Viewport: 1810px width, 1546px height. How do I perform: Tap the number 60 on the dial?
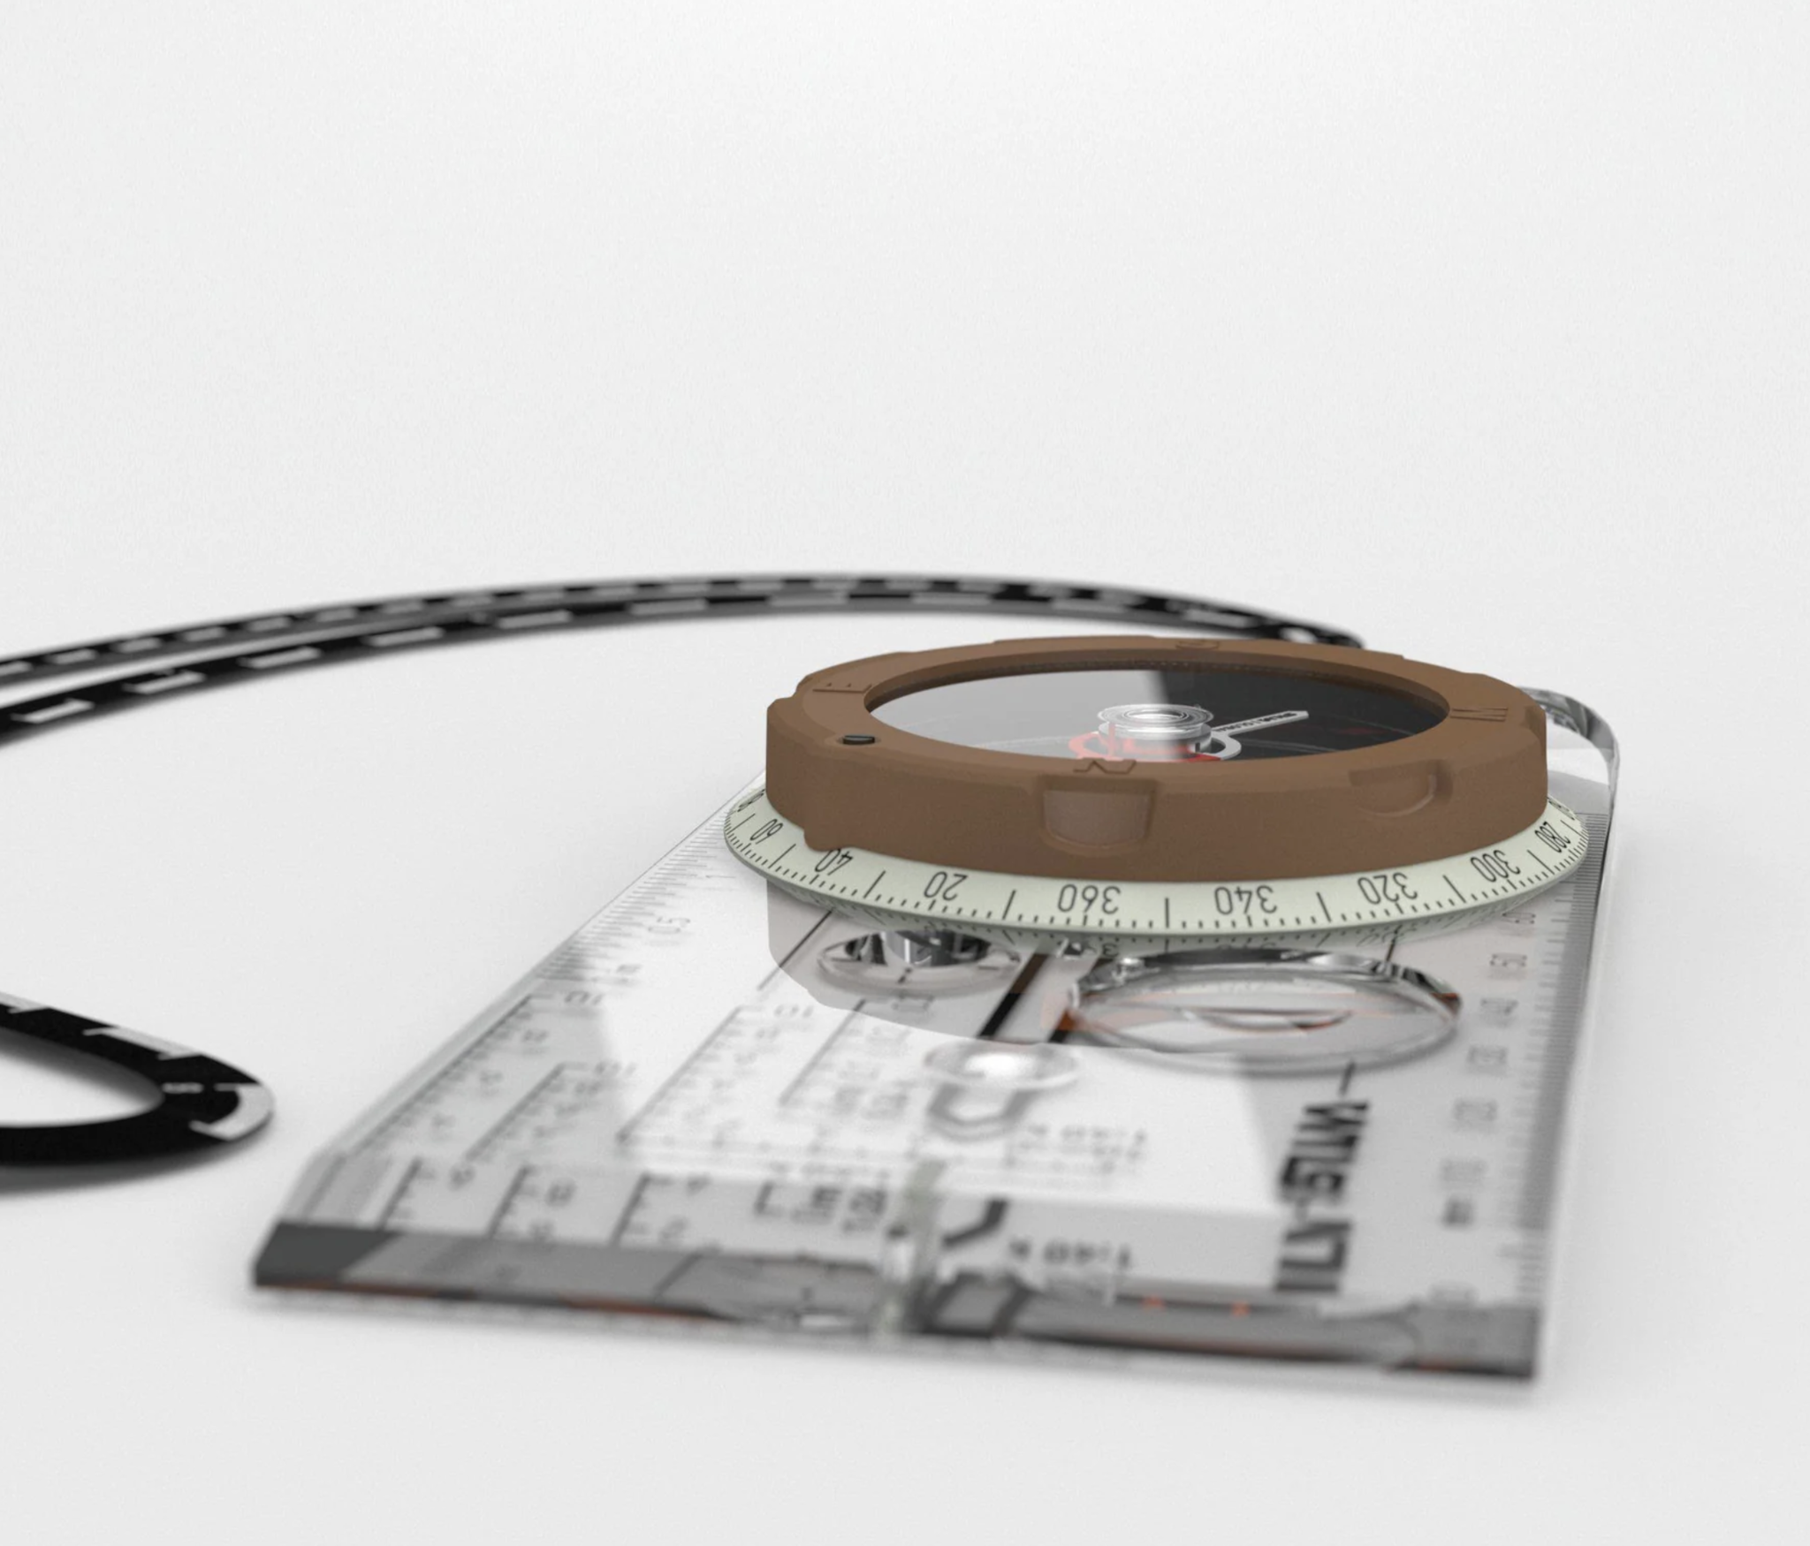pos(765,830)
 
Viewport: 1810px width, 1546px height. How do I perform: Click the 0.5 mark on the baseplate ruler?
pos(676,926)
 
